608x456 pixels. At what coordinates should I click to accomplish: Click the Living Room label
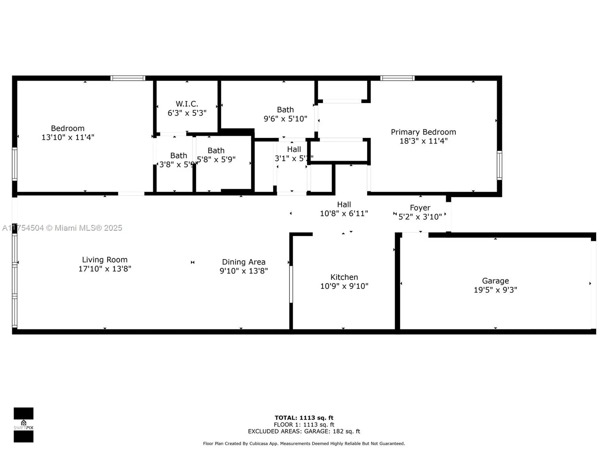(104, 260)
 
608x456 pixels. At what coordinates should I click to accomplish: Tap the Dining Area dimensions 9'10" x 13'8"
(244, 271)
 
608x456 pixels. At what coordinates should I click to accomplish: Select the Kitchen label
(344, 277)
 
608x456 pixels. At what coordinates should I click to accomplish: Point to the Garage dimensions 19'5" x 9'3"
(495, 290)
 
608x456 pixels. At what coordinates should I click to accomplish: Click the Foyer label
(420, 208)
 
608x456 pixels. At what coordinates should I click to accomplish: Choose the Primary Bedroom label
(423, 132)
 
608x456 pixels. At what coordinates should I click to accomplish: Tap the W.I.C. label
(187, 104)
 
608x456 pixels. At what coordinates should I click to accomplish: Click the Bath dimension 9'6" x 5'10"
(285, 119)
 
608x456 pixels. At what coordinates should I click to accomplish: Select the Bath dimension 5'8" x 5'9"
(216, 160)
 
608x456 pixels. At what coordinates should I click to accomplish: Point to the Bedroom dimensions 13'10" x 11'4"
(68, 137)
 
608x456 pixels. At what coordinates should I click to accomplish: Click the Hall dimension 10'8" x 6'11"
(344, 214)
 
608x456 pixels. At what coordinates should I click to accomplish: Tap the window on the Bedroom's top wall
(128, 78)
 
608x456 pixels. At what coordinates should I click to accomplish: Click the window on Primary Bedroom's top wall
(397, 78)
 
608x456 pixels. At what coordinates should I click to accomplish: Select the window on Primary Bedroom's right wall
(499, 165)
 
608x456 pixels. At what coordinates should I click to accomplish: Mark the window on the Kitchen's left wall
(291, 284)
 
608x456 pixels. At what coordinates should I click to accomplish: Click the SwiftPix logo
(23, 425)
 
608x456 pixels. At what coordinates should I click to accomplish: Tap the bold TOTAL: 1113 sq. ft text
(304, 418)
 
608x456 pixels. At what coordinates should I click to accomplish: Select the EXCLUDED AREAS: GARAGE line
(304, 431)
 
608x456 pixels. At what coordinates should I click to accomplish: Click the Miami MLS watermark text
(62, 228)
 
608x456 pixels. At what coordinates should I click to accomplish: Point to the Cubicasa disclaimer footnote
(304, 444)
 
